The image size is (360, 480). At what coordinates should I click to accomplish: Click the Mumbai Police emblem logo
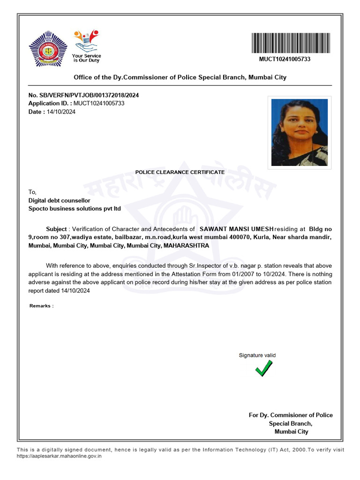click(48, 48)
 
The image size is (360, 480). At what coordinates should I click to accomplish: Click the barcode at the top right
click(291, 44)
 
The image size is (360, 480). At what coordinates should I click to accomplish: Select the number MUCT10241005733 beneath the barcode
click(285, 59)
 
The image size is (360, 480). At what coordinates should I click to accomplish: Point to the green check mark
click(264, 369)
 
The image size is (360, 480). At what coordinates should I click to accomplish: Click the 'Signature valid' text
click(257, 355)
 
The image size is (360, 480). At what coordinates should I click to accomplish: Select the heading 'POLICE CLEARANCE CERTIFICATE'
click(180, 172)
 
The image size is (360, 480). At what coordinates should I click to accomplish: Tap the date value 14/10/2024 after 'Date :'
click(61, 112)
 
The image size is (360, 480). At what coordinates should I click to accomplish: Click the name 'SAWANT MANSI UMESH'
click(236, 229)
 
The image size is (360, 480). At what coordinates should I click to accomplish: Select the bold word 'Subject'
click(56, 229)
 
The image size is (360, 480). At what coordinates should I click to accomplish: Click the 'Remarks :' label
click(41, 306)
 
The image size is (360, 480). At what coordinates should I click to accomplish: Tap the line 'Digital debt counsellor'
click(59, 200)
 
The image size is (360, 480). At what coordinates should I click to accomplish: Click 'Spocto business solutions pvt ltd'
click(75, 208)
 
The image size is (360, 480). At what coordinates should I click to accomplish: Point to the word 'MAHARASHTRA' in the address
click(186, 245)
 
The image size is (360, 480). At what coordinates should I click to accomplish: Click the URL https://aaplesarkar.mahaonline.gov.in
click(59, 456)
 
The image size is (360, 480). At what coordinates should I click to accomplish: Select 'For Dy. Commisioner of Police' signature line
click(291, 415)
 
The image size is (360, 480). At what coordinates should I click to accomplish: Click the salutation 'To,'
click(32, 192)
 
